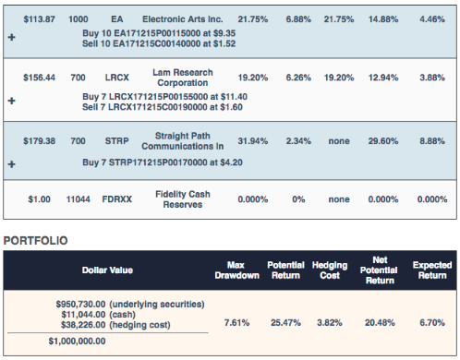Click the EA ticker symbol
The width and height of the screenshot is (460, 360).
pyautogui.click(x=116, y=19)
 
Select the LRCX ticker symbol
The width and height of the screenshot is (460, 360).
pyautogui.click(x=116, y=78)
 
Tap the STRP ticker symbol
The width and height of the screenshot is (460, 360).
pyautogui.click(x=116, y=141)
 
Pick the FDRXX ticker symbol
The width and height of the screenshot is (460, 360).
pyautogui.click(x=116, y=199)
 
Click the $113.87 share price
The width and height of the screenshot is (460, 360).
pyautogui.click(x=39, y=19)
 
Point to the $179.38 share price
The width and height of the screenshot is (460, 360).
pyautogui.click(x=39, y=141)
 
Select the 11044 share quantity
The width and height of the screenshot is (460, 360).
pyautogui.click(x=79, y=199)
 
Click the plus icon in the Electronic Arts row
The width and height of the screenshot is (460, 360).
pyautogui.click(x=12, y=37)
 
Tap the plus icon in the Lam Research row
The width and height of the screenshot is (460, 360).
pyautogui.click(x=12, y=101)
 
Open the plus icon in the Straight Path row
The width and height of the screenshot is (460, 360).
pyautogui.click(x=12, y=164)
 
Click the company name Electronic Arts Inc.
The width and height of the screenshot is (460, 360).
pyautogui.click(x=182, y=19)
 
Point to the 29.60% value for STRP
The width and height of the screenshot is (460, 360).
pyautogui.click(x=383, y=141)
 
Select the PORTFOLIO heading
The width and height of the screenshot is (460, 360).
pyautogui.click(x=35, y=241)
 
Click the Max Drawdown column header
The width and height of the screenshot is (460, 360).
pyautogui.click(x=236, y=270)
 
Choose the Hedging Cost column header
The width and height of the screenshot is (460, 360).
pyautogui.click(x=330, y=270)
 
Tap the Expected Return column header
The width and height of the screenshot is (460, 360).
pyautogui.click(x=432, y=270)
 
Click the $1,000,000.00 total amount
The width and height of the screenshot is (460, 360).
pyautogui.click(x=77, y=342)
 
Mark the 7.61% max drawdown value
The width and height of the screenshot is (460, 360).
pyautogui.click(x=236, y=323)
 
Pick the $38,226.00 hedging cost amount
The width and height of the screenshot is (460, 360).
pyautogui.click(x=83, y=325)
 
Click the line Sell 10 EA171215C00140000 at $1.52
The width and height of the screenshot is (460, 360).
pyautogui.click(x=159, y=43)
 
